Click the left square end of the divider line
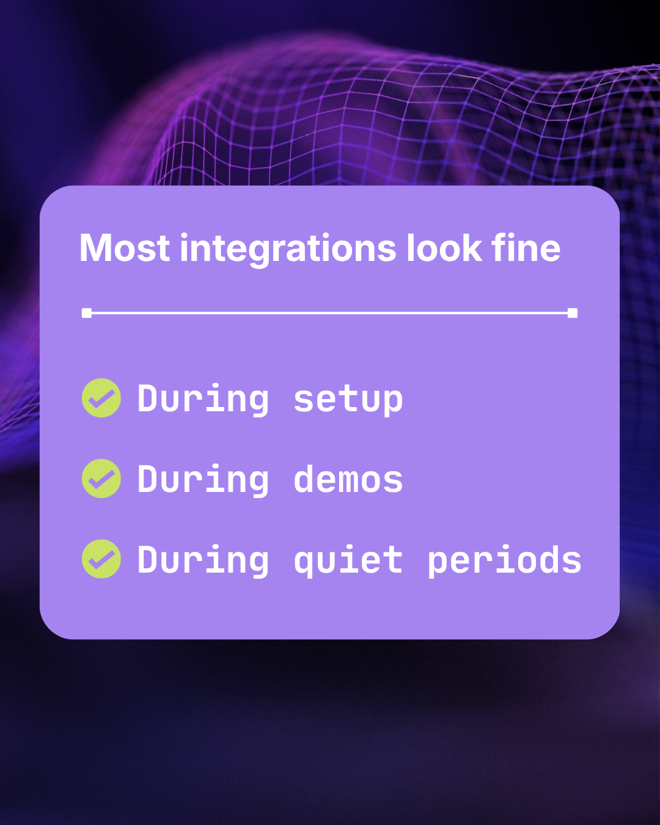(87, 313)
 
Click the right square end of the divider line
(573, 313)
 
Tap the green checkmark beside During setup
(101, 398)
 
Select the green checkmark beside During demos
(101, 479)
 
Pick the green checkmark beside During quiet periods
(101, 559)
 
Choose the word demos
(348, 480)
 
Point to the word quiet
(348, 560)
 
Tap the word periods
(504, 560)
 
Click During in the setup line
(203, 400)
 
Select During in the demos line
(203, 480)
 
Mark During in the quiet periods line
(203, 560)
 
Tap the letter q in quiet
(304, 563)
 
